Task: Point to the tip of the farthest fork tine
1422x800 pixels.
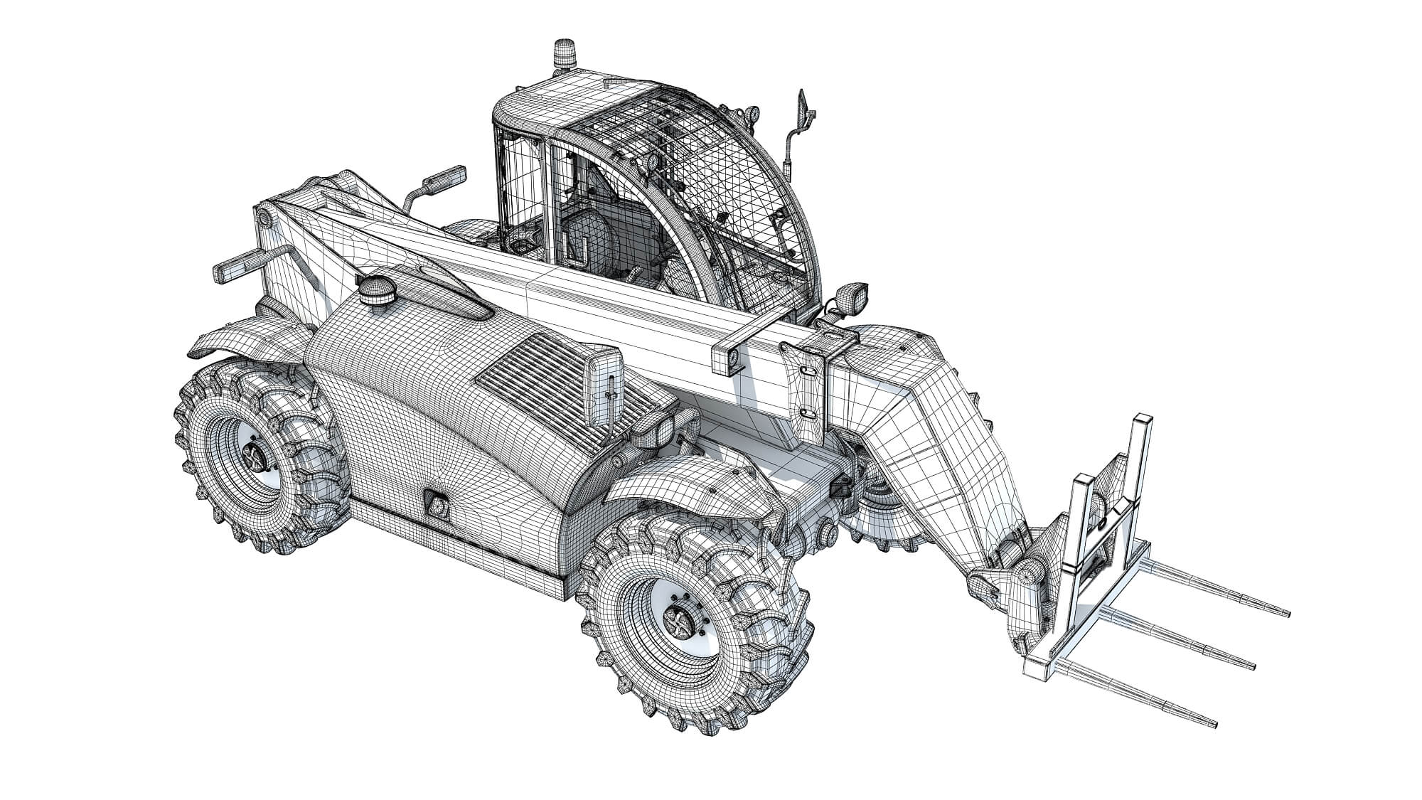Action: (1287, 612)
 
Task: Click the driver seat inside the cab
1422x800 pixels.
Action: (583, 235)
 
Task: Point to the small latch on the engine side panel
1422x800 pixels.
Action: (435, 504)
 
